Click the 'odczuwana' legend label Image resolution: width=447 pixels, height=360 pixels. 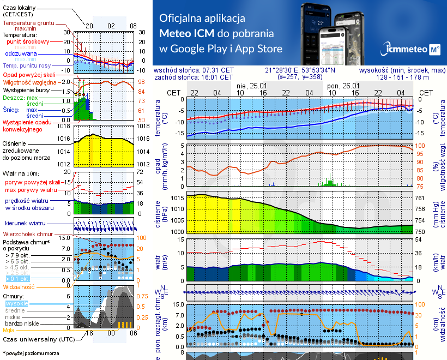[21, 54]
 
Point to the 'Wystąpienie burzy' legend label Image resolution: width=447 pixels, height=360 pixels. [26, 89]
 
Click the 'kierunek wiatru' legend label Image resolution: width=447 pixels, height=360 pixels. [23, 224]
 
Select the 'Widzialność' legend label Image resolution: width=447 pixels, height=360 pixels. [19, 286]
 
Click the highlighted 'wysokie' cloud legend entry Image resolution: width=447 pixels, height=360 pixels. [16, 303]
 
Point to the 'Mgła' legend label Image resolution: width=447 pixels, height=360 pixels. [9, 330]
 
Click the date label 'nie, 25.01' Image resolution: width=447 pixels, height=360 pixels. [251, 86]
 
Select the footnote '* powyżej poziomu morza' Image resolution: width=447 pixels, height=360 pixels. [31, 353]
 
